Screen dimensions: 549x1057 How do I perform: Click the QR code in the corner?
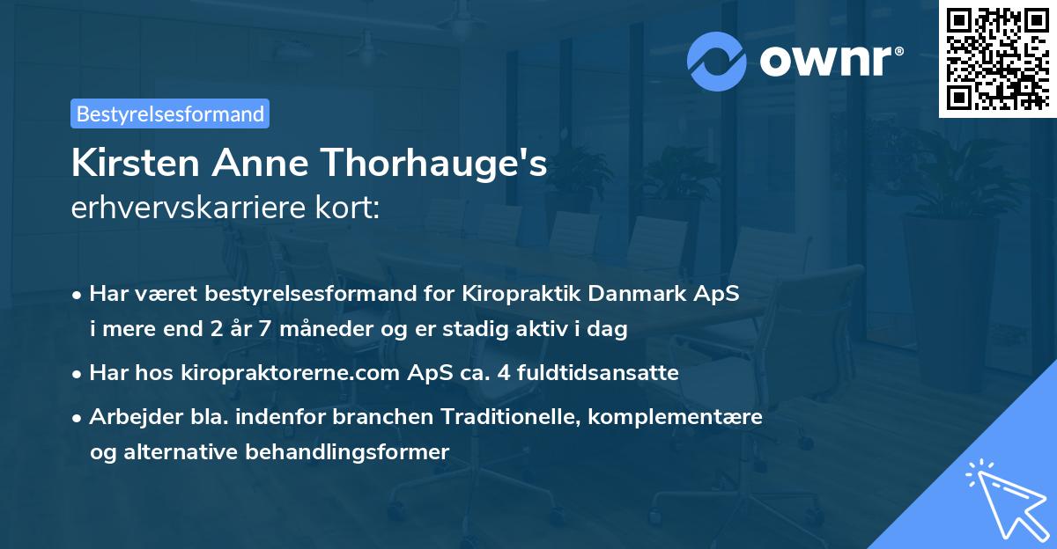point(997,58)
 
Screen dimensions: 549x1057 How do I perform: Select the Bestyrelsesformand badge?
point(170,113)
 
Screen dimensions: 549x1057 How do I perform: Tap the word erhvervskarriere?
point(196,209)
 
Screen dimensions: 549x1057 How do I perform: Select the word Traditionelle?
point(505,415)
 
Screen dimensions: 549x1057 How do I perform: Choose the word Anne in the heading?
point(261,165)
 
